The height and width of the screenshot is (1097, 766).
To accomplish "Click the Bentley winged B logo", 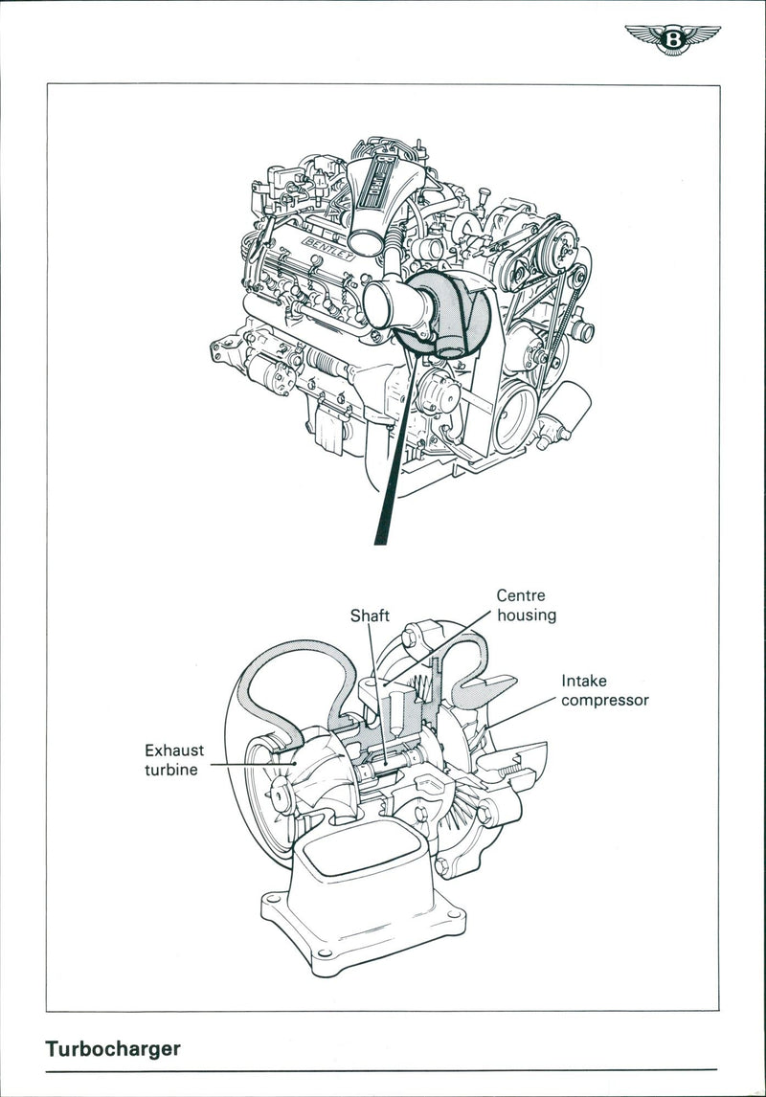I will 673,40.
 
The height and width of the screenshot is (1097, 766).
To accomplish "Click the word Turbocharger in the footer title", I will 112,1048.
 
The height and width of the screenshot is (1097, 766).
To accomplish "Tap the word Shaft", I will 370,616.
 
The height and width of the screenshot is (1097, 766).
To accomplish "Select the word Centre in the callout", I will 521,595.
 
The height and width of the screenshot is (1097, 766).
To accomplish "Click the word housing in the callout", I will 527,616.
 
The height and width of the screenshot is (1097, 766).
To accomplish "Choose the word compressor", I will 605,700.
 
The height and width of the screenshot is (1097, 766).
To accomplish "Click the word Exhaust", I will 174,750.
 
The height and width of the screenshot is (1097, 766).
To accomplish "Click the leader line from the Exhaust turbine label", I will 244,763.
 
